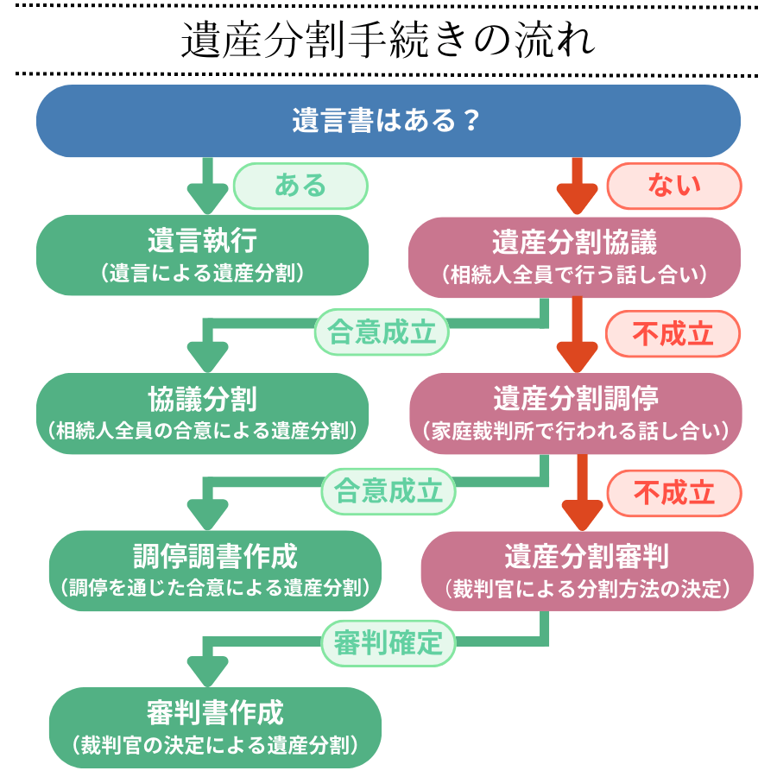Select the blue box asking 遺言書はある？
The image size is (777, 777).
[388, 121]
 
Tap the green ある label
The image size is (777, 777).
[300, 186]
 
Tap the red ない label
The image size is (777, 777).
[674, 186]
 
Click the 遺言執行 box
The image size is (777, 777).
[202, 256]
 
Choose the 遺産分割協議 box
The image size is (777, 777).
[574, 256]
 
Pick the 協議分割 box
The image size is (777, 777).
[202, 413]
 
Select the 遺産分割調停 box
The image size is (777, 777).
[575, 413]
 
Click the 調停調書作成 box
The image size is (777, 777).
[215, 570]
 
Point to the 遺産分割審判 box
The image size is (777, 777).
[587, 570]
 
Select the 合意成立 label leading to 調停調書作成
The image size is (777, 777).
[388, 490]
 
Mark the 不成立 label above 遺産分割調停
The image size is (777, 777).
[673, 333]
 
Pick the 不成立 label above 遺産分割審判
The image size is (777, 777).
[674, 492]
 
